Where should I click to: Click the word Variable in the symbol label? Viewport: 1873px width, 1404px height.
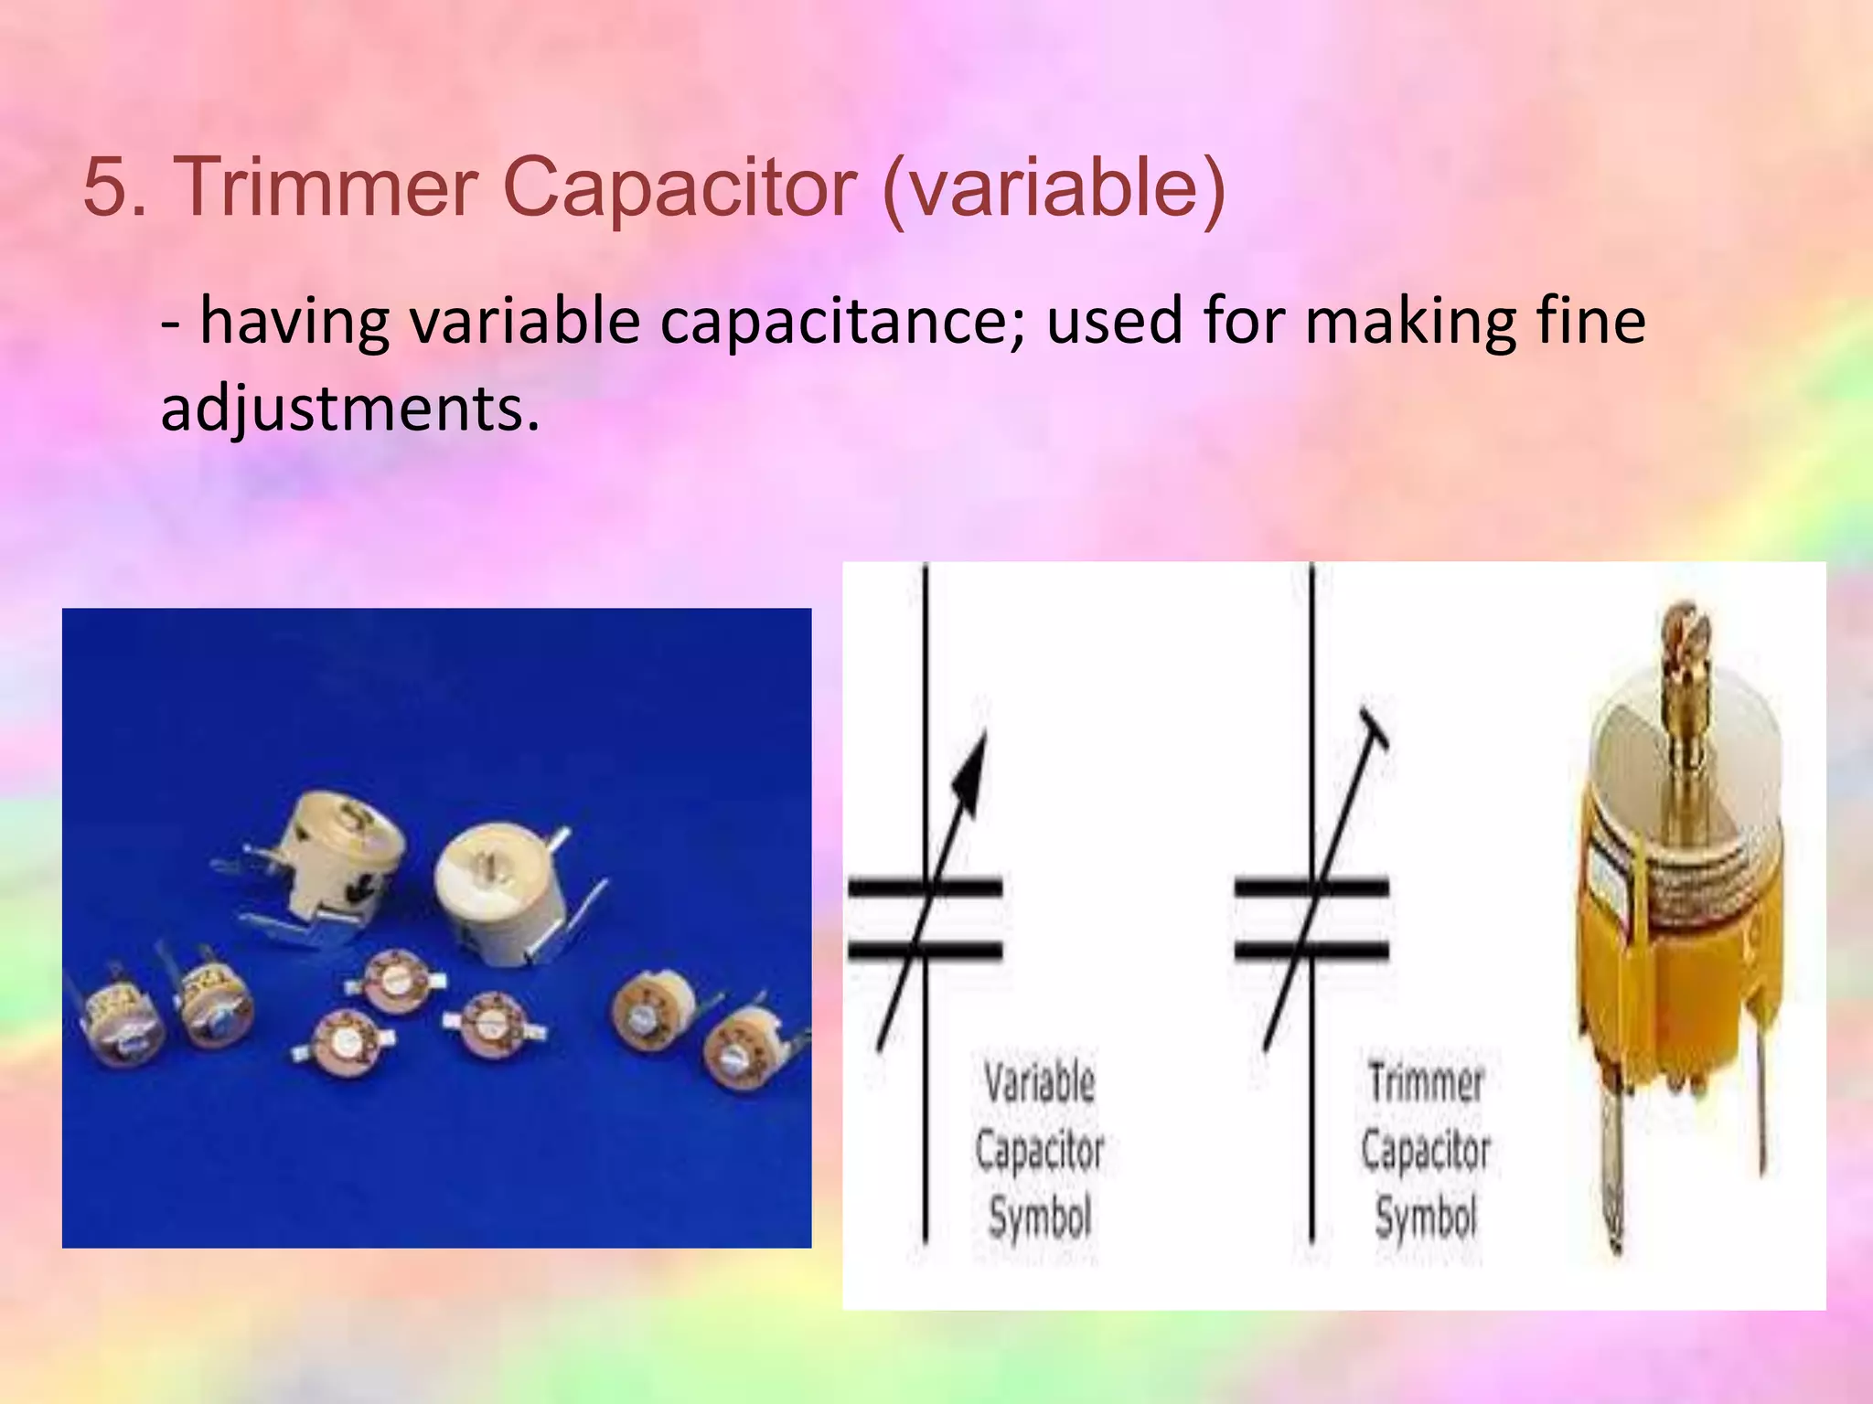click(1039, 1082)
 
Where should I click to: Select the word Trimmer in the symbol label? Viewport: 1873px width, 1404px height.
click(1425, 1084)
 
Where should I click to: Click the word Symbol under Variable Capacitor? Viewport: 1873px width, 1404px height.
click(1040, 1218)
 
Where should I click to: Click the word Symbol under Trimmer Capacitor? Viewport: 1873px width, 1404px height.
click(1426, 1218)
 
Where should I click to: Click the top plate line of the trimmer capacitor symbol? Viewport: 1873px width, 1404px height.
click(1311, 887)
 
